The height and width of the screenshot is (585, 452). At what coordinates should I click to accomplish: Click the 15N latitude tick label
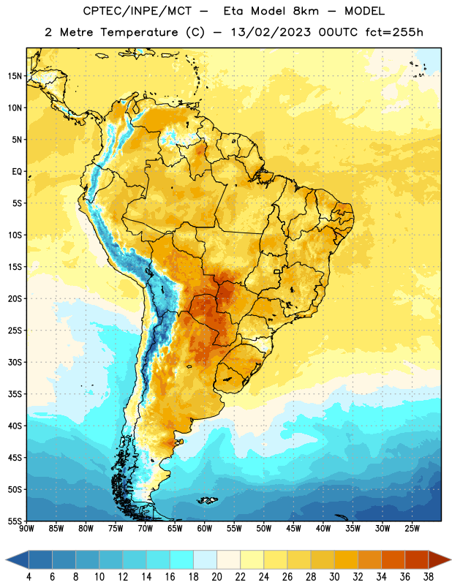(15, 76)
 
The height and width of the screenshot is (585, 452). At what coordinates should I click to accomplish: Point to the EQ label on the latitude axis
(17, 172)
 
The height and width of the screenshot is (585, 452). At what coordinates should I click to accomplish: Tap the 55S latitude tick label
(15, 521)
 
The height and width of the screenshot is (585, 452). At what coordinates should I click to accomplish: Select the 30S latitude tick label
(15, 362)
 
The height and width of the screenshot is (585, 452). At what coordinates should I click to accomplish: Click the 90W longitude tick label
(26, 529)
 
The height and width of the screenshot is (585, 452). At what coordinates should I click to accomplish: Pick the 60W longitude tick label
(205, 529)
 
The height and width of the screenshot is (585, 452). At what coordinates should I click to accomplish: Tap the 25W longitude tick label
(412, 529)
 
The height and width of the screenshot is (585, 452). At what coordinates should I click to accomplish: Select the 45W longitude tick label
(293, 529)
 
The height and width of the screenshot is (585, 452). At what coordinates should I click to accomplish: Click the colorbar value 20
(216, 577)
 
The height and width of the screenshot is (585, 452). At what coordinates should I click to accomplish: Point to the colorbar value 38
(429, 577)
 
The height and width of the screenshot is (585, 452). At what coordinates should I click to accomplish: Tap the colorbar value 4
(29, 577)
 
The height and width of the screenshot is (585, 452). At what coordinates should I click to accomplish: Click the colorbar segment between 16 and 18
(182, 559)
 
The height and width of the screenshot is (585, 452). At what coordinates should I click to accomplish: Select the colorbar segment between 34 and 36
(393, 559)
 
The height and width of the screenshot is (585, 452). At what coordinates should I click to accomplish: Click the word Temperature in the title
(139, 32)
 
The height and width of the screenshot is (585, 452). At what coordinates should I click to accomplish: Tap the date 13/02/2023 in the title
(271, 32)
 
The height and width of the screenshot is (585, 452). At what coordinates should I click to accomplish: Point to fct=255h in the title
(394, 32)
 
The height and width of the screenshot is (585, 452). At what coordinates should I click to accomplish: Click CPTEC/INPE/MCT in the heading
(137, 11)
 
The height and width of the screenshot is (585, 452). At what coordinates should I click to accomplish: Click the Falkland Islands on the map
(208, 500)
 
